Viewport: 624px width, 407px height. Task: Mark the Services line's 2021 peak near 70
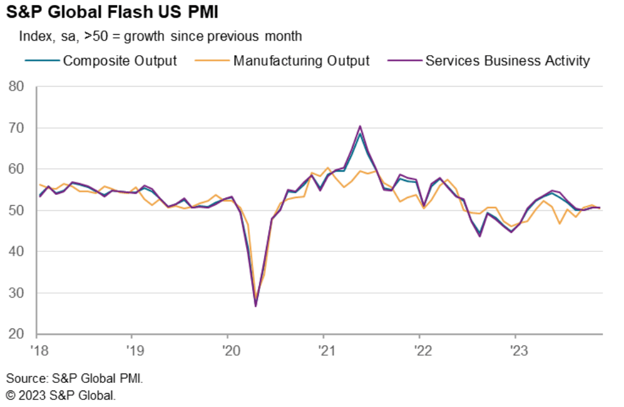[360, 126]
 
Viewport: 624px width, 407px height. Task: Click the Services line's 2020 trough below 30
[256, 306]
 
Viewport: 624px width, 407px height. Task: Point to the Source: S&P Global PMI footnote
[75, 379]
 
